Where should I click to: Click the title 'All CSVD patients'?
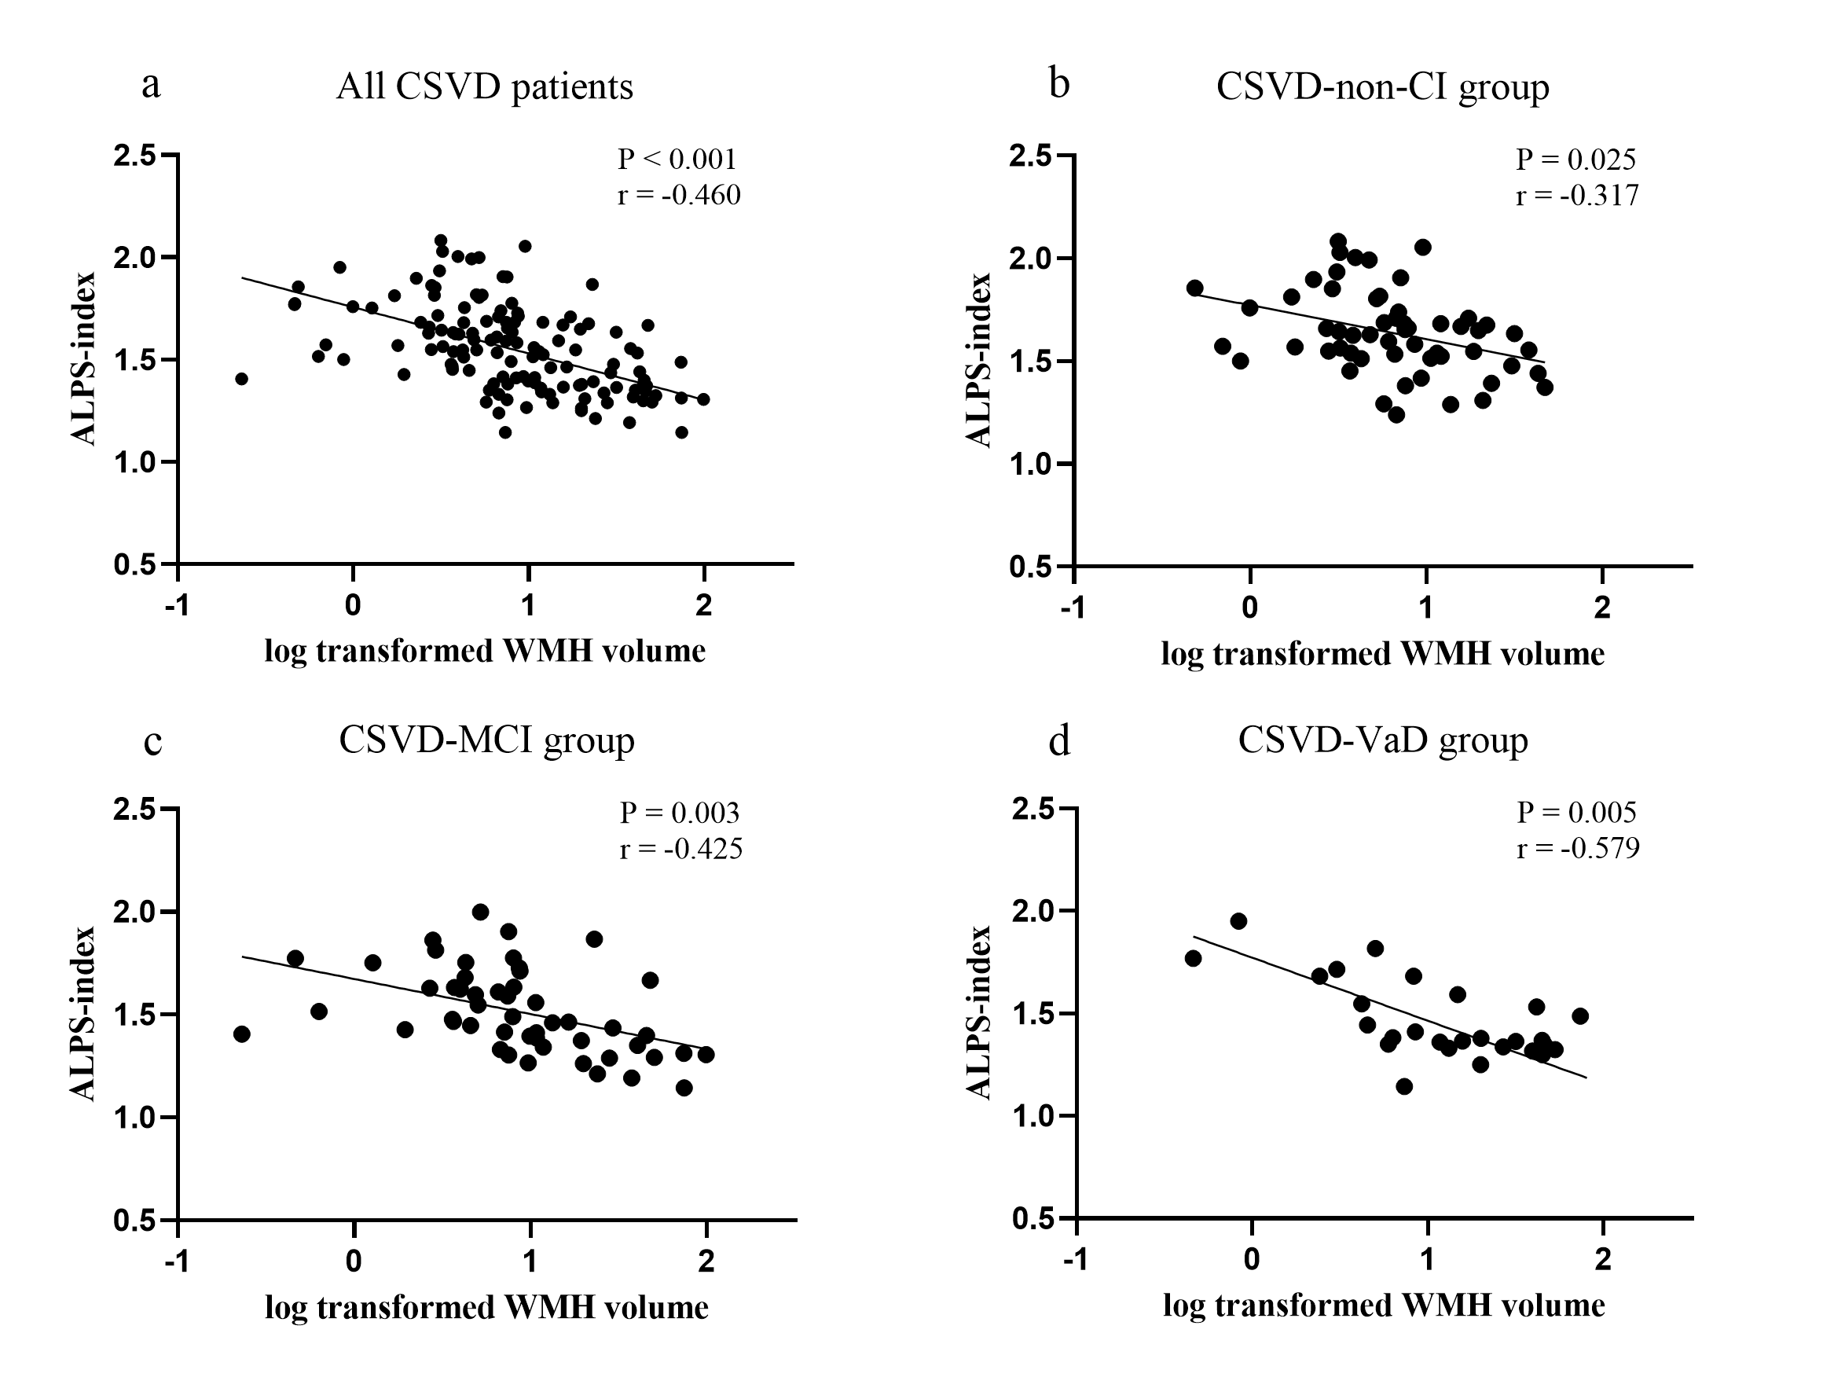(x=484, y=86)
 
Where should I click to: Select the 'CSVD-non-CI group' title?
(x=1382, y=86)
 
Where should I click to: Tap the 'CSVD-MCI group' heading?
(x=486, y=740)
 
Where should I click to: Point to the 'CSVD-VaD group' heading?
(x=1382, y=740)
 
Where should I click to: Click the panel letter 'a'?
(x=150, y=85)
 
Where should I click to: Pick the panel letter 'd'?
(x=1059, y=742)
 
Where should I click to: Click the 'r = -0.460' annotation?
(x=679, y=195)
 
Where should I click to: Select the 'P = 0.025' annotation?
(x=1575, y=159)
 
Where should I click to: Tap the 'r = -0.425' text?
(x=680, y=849)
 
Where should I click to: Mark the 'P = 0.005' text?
(x=1576, y=812)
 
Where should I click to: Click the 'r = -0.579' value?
(x=1578, y=849)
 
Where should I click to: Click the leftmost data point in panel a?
(x=241, y=379)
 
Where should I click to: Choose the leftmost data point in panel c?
(x=242, y=1034)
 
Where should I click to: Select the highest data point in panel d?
(x=1238, y=921)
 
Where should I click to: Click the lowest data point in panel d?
(x=1403, y=1086)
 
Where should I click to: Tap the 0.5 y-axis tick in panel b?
(x=1033, y=567)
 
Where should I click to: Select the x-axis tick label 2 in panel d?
(x=1602, y=1261)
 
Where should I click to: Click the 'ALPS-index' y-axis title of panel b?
(x=980, y=360)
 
